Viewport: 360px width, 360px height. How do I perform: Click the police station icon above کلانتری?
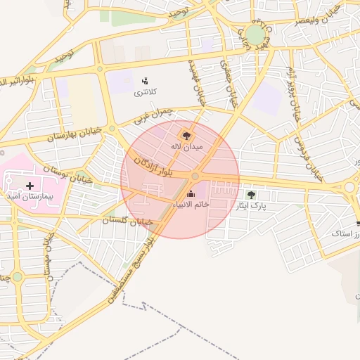click(x=145, y=80)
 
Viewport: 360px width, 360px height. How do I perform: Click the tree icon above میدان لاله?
click(x=186, y=135)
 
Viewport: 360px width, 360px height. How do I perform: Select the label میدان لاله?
click(x=186, y=147)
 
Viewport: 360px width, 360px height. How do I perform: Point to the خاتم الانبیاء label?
click(x=191, y=203)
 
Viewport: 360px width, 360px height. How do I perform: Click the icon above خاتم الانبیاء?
click(x=191, y=193)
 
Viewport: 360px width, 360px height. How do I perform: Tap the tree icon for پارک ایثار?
click(x=251, y=195)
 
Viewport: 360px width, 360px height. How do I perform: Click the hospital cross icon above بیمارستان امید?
click(x=30, y=186)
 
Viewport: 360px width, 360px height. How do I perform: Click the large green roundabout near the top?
click(x=255, y=34)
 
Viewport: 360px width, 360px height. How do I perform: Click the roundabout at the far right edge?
click(x=349, y=187)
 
